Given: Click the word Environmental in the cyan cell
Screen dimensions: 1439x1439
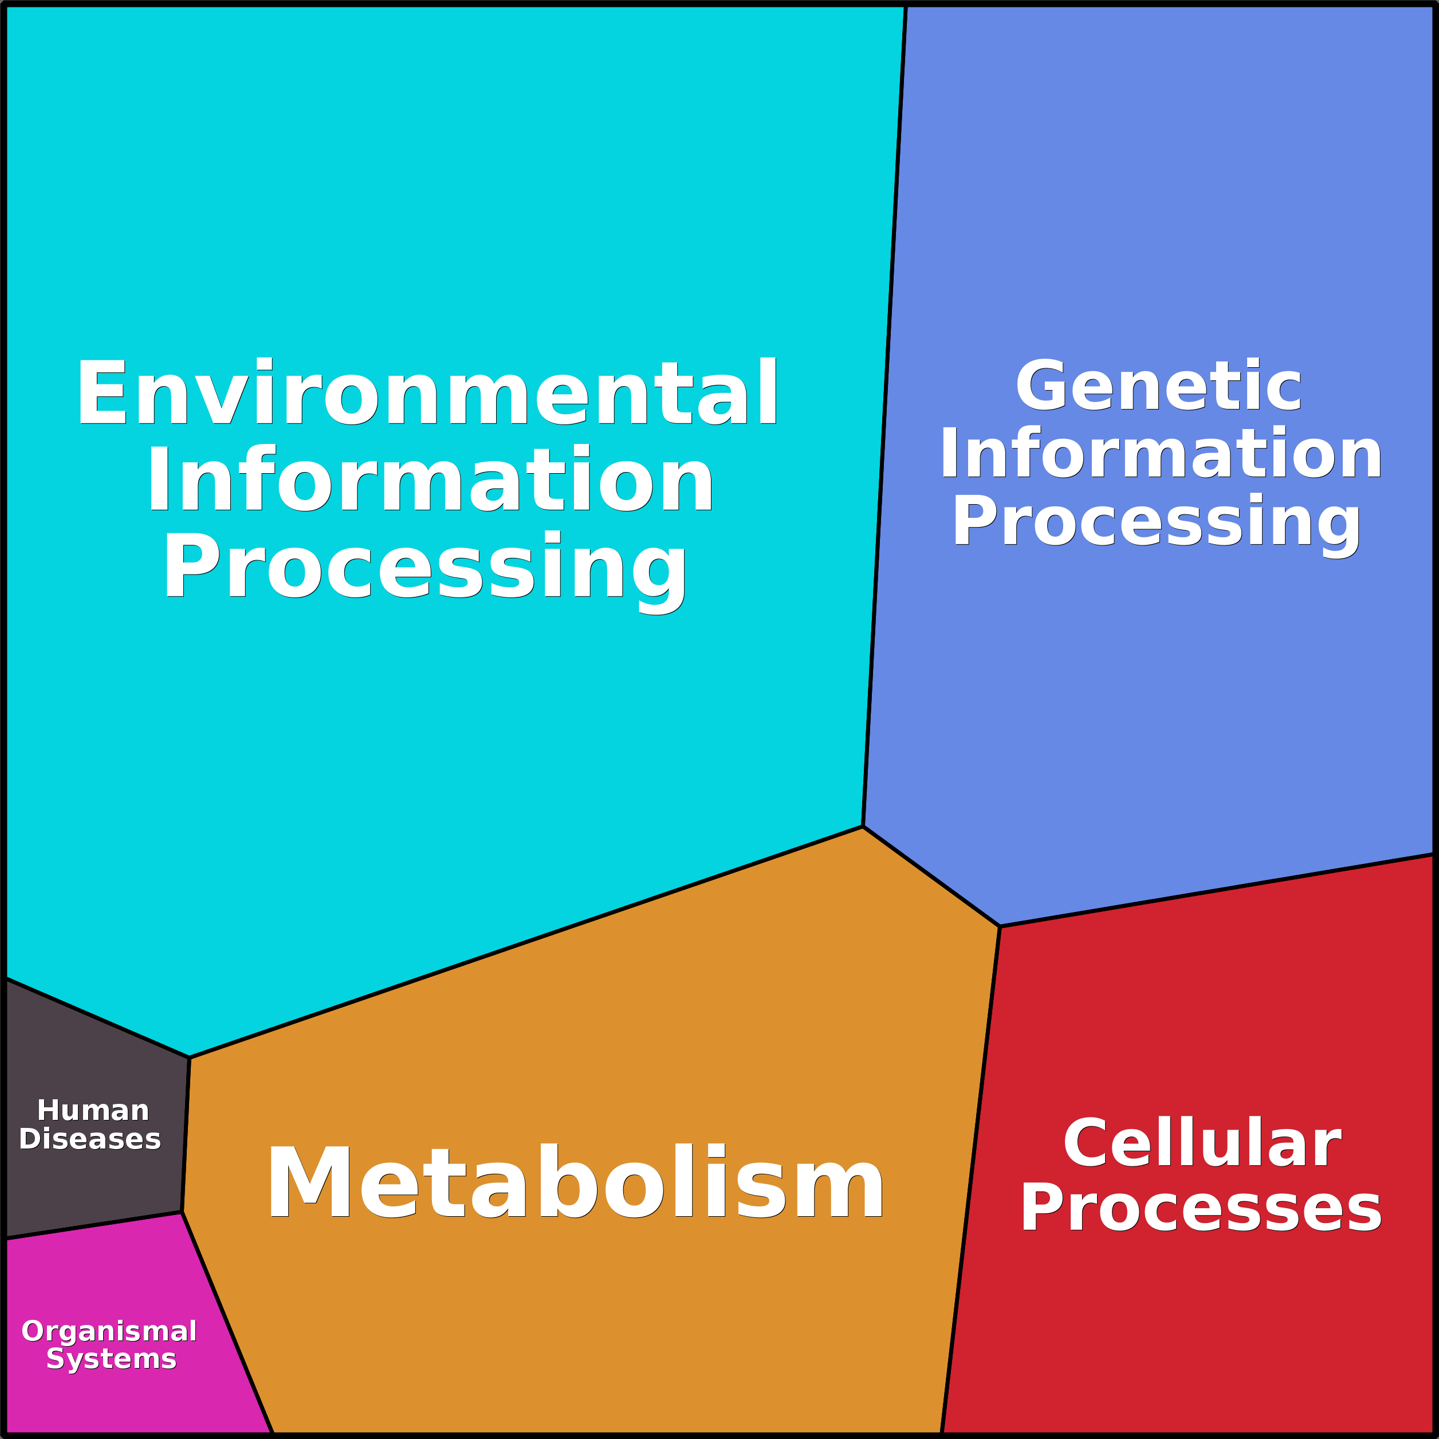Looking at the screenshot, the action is [427, 392].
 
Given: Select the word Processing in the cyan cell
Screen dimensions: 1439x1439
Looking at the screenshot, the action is [424, 571].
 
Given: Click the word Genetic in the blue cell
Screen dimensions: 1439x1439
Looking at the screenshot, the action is [1159, 384].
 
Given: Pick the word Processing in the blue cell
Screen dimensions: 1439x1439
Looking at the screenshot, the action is [1157, 522].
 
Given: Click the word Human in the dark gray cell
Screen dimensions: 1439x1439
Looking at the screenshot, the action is [93, 1111].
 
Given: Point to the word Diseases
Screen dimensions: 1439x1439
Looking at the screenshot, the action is [90, 1139].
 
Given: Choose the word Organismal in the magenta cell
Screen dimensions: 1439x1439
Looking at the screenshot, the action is [109, 1331].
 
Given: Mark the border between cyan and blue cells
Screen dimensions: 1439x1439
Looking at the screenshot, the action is [884, 417].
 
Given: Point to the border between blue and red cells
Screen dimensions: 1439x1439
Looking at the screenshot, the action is [1216, 890].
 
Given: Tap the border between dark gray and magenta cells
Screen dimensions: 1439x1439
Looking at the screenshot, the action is [94, 1225].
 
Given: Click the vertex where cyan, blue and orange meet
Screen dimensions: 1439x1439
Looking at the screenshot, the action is [863, 826].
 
